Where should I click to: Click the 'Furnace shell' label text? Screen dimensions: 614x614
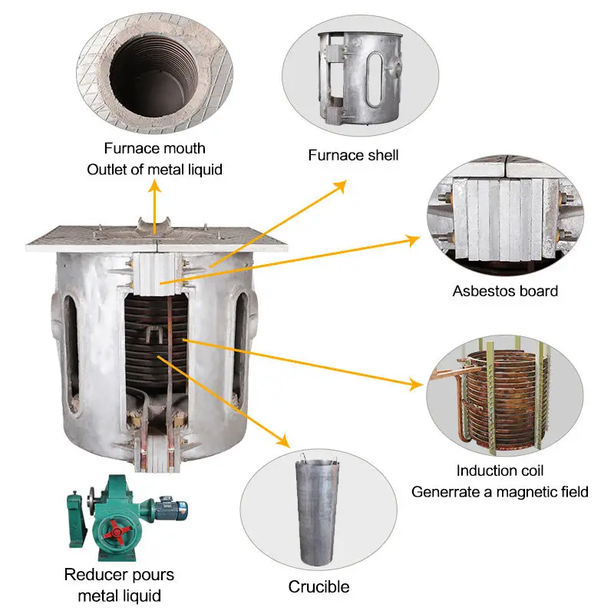point(353,155)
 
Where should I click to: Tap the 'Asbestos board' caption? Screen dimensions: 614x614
point(505,291)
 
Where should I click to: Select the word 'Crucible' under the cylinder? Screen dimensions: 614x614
point(319,587)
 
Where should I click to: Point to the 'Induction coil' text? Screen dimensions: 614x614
point(500,470)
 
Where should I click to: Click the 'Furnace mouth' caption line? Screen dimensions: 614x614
point(154,147)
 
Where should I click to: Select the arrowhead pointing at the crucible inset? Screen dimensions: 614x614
point(284,442)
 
